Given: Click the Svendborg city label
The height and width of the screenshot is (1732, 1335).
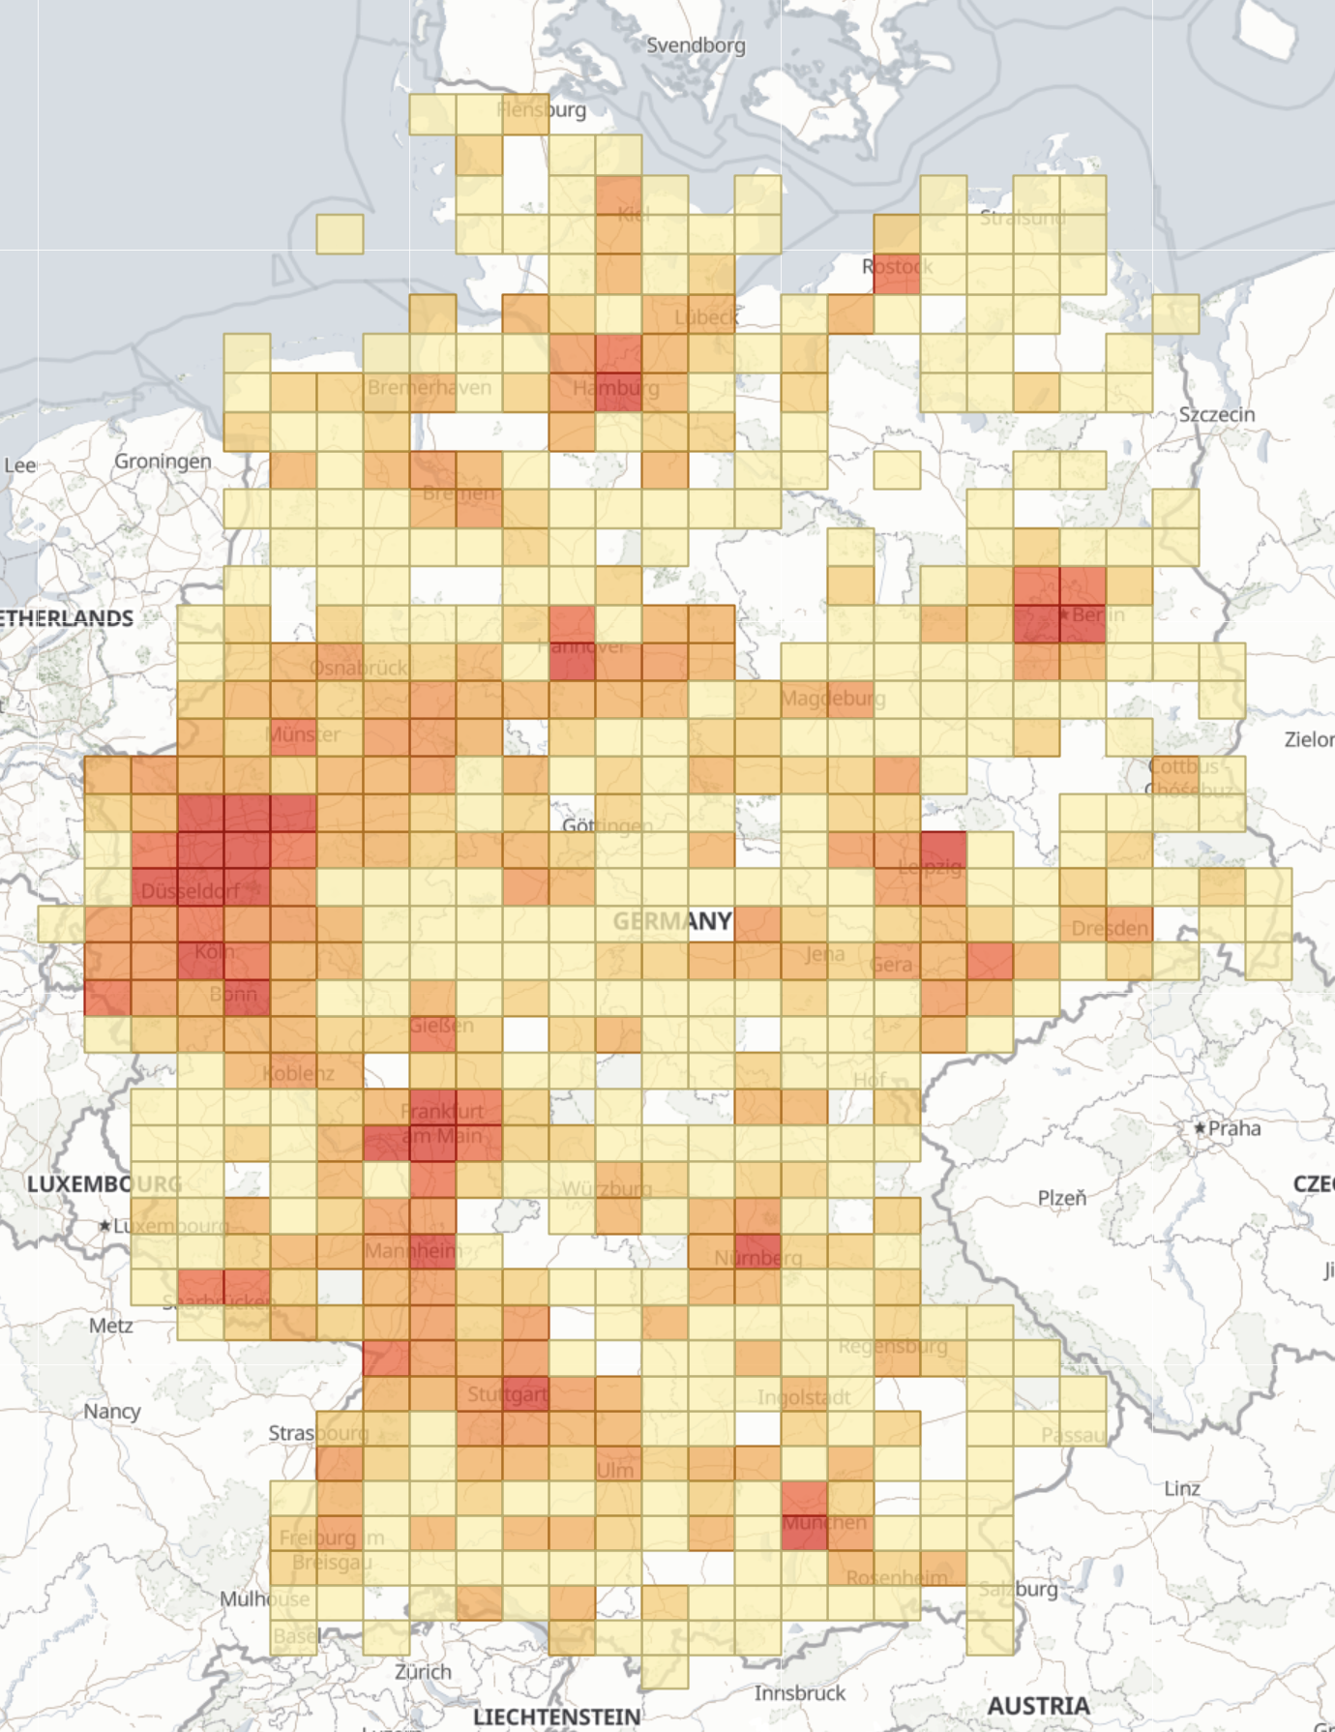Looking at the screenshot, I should [x=696, y=45].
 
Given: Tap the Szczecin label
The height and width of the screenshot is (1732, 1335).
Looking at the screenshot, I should [x=1216, y=415].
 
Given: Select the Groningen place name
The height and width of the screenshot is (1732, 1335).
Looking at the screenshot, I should [x=163, y=462].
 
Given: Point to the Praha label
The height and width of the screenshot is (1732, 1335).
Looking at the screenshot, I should [x=1234, y=1128].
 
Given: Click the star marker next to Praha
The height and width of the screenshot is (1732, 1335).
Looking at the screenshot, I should [x=1200, y=1128].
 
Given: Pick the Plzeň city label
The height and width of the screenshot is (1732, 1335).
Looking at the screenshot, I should [x=1061, y=1198].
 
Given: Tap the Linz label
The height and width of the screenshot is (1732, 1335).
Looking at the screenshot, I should [x=1181, y=1488].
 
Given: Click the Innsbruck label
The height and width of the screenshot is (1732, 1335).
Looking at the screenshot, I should [x=799, y=1692].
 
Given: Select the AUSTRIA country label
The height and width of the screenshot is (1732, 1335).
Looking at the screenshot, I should [x=1038, y=1705].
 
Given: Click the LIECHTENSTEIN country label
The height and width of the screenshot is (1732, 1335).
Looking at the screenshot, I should [x=556, y=1717].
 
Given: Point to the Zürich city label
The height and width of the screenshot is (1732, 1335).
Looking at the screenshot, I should [x=423, y=1671].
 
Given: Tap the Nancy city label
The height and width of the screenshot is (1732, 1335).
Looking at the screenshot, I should [x=111, y=1411].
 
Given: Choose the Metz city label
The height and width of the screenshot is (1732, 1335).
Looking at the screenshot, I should [x=110, y=1325].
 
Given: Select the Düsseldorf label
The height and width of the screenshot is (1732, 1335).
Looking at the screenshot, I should [x=190, y=890].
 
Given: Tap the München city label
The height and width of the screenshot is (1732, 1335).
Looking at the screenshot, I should [x=824, y=1522].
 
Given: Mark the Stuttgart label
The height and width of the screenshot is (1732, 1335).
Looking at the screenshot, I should [x=507, y=1394].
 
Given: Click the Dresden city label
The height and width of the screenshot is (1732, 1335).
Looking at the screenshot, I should [x=1109, y=929].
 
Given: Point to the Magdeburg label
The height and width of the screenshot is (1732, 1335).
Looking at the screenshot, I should [x=832, y=698].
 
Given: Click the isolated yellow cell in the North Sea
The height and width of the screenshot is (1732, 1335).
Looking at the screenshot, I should [x=340, y=234].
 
